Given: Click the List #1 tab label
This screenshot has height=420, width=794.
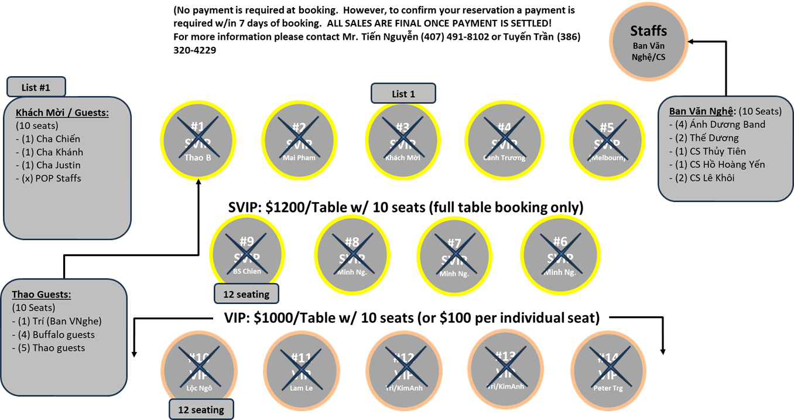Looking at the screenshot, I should pyautogui.click(x=36, y=87).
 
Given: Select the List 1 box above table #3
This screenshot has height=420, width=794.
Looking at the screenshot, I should pyautogui.click(x=403, y=94).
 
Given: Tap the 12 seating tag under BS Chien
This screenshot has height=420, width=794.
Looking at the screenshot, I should pyautogui.click(x=246, y=294).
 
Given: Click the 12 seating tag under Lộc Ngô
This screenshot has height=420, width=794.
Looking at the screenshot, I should pyautogui.click(x=201, y=409).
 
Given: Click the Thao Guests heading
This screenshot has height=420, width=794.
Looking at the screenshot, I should pyautogui.click(x=41, y=295).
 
